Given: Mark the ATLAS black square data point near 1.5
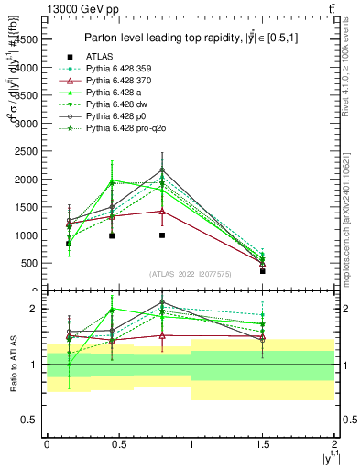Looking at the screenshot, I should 262,271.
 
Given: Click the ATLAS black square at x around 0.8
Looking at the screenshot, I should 162,235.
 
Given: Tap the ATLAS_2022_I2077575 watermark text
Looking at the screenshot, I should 191,274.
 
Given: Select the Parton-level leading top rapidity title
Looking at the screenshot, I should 191,38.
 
